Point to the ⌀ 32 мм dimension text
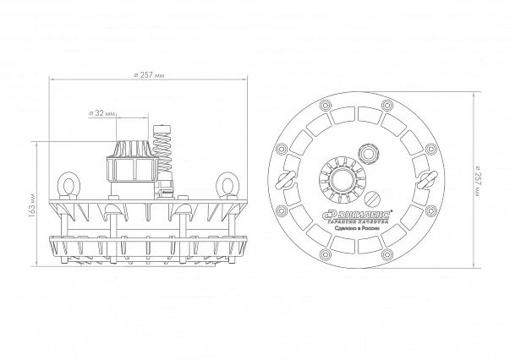(x=103, y=112)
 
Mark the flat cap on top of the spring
(x=166, y=127)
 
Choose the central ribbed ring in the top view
(x=340, y=177)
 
